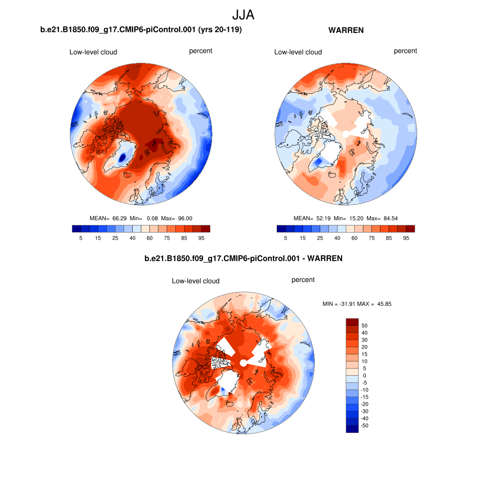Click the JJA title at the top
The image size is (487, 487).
(x=243, y=15)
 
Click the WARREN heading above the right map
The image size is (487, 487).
(x=346, y=30)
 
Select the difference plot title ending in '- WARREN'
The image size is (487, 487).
(x=243, y=259)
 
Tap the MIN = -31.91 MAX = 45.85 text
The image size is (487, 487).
(x=357, y=303)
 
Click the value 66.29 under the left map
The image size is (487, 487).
(x=118, y=218)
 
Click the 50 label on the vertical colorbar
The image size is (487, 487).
(x=365, y=326)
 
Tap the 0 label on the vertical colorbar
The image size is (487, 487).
(x=365, y=376)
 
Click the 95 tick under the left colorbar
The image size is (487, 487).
(x=202, y=238)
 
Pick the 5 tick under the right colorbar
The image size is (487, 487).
(x=285, y=238)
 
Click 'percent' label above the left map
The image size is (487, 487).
(x=201, y=51)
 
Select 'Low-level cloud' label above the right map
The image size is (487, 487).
(x=298, y=52)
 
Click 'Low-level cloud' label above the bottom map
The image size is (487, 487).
(x=196, y=281)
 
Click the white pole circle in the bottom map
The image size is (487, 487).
(x=243, y=363)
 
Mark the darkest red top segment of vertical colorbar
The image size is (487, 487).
(x=352, y=322)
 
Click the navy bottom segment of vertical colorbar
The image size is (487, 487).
(x=352, y=429)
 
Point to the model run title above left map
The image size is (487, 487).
(x=141, y=30)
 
